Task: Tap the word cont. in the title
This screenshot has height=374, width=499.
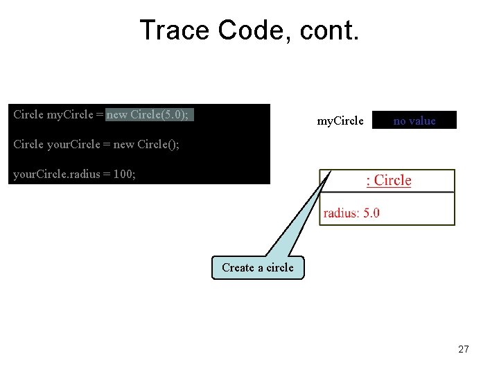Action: click(x=330, y=30)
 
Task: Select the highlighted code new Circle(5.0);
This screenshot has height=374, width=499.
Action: click(x=149, y=114)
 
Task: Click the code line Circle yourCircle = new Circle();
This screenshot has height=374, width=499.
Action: click(x=96, y=145)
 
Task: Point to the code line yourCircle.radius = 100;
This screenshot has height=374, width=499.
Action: click(x=75, y=175)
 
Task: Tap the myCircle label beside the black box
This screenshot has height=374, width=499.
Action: click(x=340, y=121)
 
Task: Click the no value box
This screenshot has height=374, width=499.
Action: click(x=414, y=121)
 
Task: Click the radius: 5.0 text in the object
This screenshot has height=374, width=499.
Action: click(x=351, y=213)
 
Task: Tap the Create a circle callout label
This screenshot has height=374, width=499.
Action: click(x=257, y=267)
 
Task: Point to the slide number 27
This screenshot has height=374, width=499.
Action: click(x=464, y=349)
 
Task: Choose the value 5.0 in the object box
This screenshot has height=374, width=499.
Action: click(x=371, y=213)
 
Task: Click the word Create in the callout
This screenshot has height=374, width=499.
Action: click(x=238, y=267)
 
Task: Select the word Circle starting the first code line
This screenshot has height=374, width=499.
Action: click(x=28, y=114)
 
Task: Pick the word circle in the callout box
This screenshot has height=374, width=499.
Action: click(x=278, y=267)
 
